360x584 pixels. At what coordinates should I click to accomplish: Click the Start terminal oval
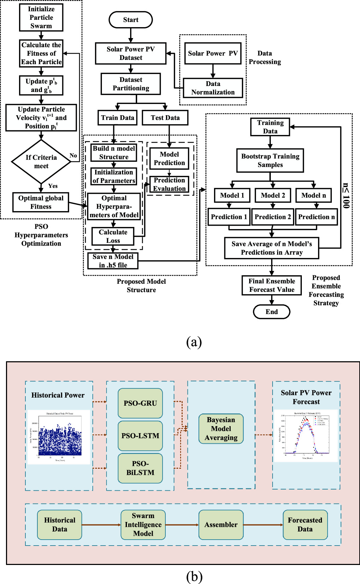coord(130,20)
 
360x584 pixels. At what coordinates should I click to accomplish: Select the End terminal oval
coord(271,312)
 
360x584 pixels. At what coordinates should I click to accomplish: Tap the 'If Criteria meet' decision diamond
coord(41,162)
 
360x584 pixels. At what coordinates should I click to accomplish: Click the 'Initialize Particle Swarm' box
coord(41,18)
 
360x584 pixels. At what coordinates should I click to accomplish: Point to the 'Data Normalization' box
coord(213,88)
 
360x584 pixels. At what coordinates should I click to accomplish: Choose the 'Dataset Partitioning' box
coord(131,84)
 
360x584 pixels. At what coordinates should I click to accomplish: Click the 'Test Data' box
coord(165,118)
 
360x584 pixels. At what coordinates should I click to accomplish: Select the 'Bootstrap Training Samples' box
coord(270,160)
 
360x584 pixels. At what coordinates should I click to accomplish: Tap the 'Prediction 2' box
coord(273,217)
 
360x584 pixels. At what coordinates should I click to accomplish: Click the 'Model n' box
coord(313,195)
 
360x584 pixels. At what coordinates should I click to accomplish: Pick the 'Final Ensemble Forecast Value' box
coord(271,285)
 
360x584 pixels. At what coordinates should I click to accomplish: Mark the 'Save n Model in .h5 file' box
coord(113,261)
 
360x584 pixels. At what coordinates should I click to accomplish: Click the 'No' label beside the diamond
coord(73,155)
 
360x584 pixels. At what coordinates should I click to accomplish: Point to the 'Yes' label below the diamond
coord(53,186)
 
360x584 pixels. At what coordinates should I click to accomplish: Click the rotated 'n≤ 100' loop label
coord(346,196)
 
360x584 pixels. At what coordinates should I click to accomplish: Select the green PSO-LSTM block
coord(140,436)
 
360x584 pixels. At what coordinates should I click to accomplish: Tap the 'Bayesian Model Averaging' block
coord(221,429)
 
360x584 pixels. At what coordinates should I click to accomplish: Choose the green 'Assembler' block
coord(221,524)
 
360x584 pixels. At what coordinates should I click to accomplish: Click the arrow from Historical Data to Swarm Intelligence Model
coord(101,525)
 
